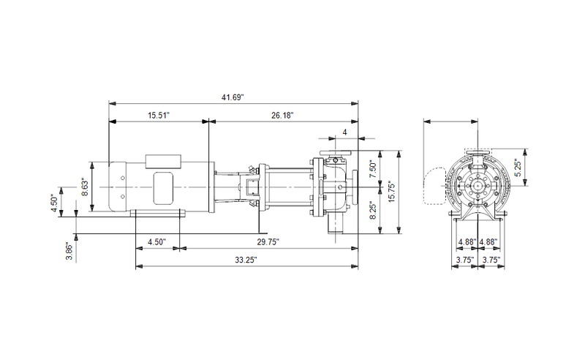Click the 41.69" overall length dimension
[x=233, y=97]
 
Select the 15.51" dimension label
[x=159, y=115]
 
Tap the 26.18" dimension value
[x=282, y=115]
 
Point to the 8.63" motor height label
[x=85, y=187]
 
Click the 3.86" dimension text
[x=69, y=251]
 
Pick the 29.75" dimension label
[x=268, y=242]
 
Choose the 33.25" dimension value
[x=246, y=260]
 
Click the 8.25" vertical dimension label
[x=373, y=210]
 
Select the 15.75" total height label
[x=391, y=192]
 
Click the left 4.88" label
[x=468, y=242]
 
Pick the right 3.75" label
[x=491, y=260]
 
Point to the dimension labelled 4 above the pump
[x=344, y=132]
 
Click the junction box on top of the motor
[x=163, y=160]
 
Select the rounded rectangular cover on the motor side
[x=163, y=188]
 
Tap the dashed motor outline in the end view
[x=435, y=186]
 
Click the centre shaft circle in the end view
[x=478, y=186]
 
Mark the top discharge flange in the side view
[x=336, y=153]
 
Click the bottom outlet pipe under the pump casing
[x=336, y=224]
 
